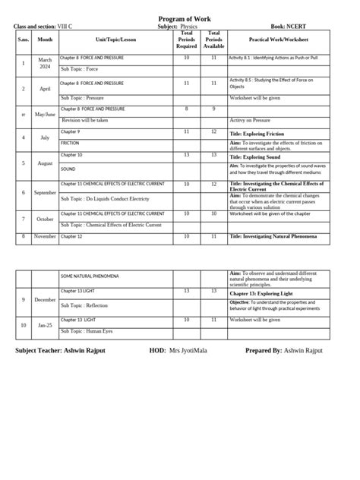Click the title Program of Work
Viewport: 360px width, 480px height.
click(180, 18)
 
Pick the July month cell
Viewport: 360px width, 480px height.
click(45, 137)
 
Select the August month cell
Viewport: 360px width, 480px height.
click(45, 163)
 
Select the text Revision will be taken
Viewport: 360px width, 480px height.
click(85, 120)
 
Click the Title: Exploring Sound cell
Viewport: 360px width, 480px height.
click(258, 156)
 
